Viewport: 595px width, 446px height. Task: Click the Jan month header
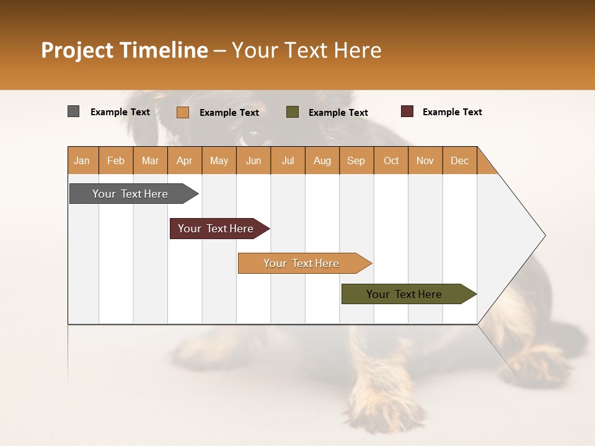[x=82, y=160]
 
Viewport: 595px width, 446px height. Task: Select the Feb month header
[x=116, y=160]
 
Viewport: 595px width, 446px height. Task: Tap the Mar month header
[x=150, y=160]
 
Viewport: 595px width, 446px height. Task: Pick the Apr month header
[x=185, y=160]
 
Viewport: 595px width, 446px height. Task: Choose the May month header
[x=219, y=160]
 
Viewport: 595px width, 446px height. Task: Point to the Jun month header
[x=253, y=160]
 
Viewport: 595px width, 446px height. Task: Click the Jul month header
[x=288, y=160]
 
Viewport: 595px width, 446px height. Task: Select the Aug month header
[x=322, y=160]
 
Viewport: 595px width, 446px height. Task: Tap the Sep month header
[x=356, y=160]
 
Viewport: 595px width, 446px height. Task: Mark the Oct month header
[x=391, y=160]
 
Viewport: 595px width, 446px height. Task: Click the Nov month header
[x=425, y=160]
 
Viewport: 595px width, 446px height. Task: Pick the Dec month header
[x=460, y=160]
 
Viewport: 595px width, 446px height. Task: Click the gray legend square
[x=74, y=111]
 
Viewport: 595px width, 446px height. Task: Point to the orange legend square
[x=183, y=112]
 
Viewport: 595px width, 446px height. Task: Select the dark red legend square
[x=407, y=111]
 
